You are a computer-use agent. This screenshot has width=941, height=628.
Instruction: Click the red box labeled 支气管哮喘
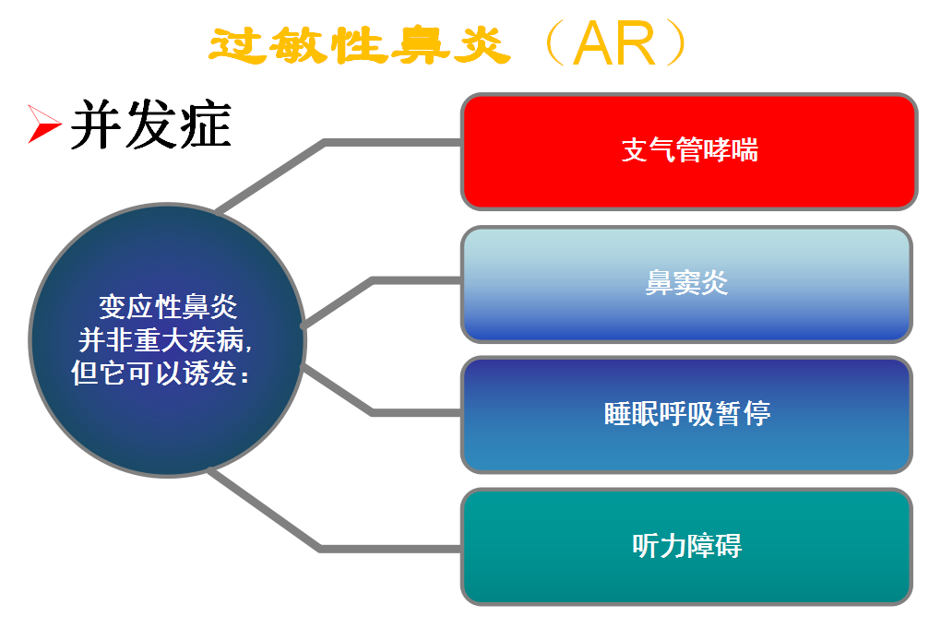(688, 151)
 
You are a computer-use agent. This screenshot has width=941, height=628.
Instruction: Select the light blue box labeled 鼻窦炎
(686, 283)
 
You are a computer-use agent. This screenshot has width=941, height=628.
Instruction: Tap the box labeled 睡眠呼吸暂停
(686, 414)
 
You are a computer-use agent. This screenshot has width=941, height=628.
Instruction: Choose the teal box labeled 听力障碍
(686, 546)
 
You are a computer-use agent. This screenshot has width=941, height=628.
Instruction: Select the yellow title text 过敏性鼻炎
(360, 44)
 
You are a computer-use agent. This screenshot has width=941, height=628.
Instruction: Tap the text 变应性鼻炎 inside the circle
(168, 307)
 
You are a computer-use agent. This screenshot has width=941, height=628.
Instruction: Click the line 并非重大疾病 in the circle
(164, 340)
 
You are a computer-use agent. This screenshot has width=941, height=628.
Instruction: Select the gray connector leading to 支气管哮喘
(387, 143)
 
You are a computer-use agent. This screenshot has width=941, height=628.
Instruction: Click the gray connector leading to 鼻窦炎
(415, 280)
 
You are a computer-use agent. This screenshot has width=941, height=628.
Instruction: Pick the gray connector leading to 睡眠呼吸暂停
(415, 412)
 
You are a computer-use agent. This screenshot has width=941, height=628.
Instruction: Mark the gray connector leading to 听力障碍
(387, 549)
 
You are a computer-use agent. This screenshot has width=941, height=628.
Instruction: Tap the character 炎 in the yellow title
(480, 44)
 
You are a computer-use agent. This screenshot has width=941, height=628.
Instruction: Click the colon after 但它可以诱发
(244, 376)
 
